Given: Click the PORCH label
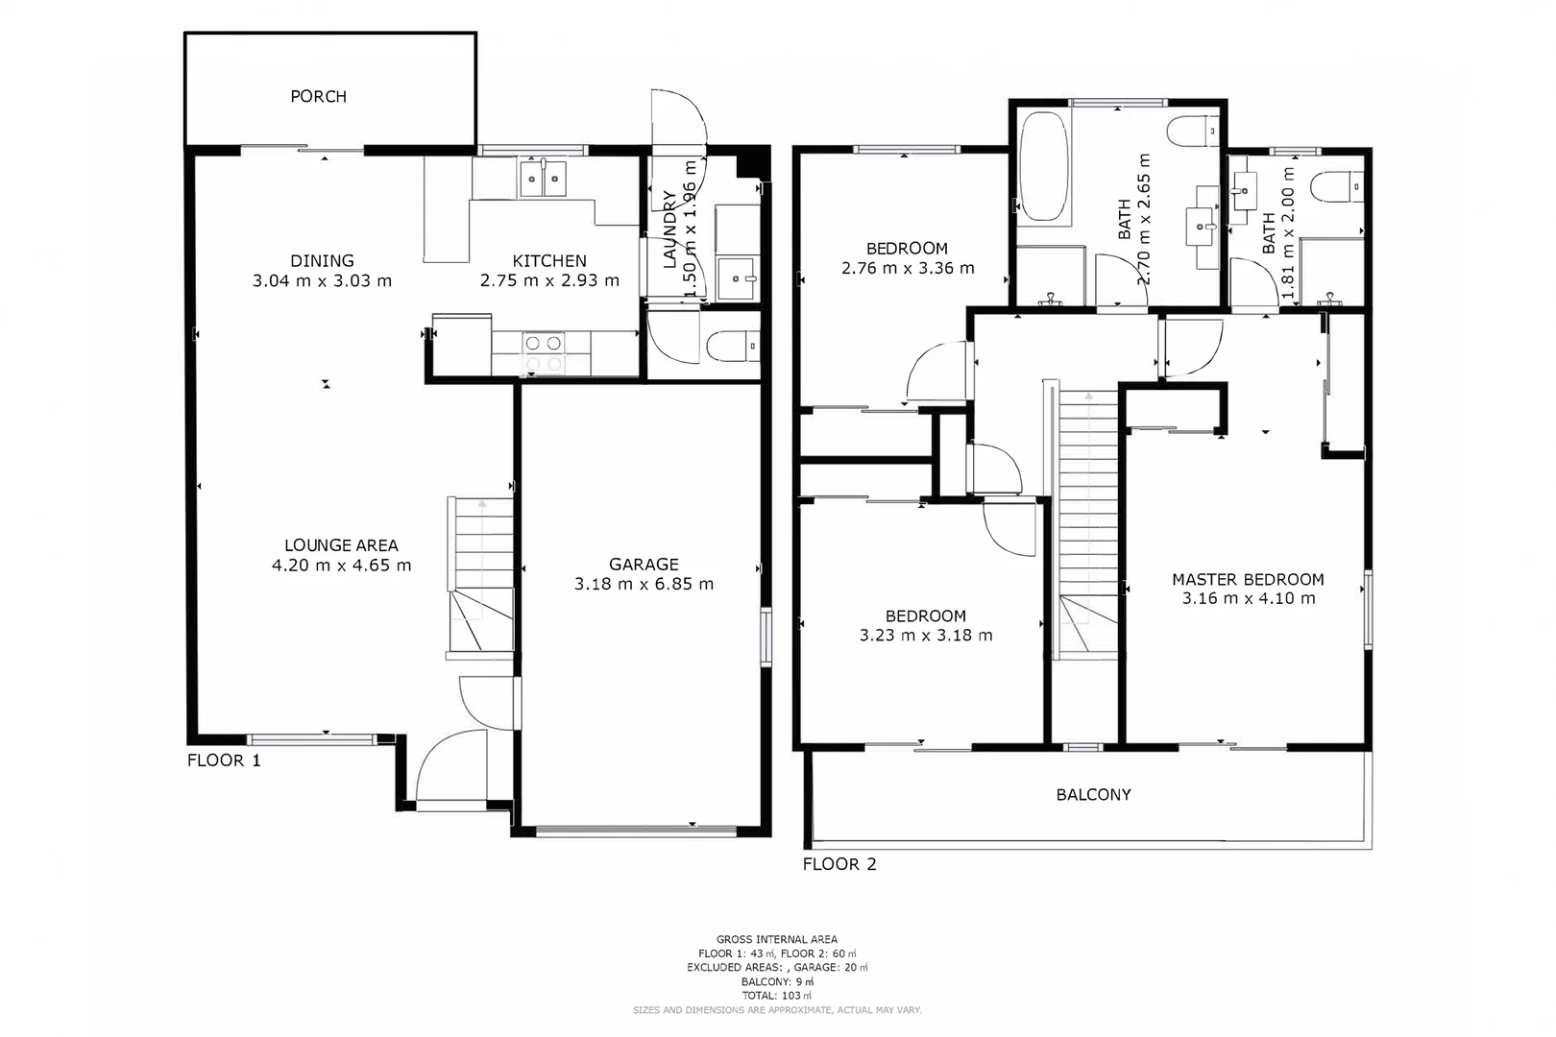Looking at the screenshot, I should coord(318,96).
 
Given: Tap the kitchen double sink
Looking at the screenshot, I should coord(543,179).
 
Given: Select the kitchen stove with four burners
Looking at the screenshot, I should coord(543,352).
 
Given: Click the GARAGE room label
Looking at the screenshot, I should coord(644,565).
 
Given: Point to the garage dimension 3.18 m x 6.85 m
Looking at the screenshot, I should coord(644,584).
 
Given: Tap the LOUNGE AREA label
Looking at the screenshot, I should coord(341,545).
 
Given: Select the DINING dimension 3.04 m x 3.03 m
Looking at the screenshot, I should coord(322,281).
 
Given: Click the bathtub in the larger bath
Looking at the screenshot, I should coord(1044,168).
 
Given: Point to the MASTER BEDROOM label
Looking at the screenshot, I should coord(1248,579).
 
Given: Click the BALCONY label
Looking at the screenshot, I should coord(1093,794).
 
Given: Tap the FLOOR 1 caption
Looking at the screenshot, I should coord(224,760).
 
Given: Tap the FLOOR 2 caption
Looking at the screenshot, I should coord(839,864).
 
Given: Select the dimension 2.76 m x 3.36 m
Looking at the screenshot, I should coord(908,269).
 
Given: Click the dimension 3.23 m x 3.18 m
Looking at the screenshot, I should coord(926,635).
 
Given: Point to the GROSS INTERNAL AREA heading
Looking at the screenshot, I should coord(776,939).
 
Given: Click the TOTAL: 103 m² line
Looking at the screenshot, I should coord(776,996).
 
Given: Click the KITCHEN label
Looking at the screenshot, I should coord(549,261).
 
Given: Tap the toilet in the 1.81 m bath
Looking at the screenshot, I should coord(1338,186).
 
